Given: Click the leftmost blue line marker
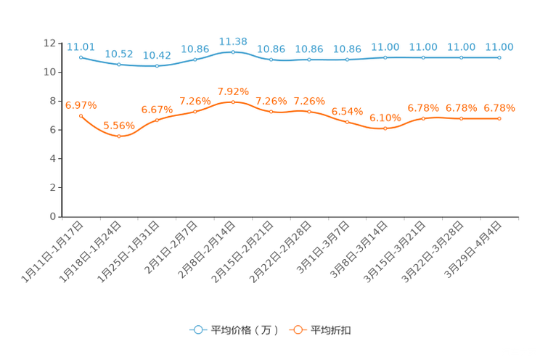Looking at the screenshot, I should pos(81,57).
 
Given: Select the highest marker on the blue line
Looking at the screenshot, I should pos(232,52).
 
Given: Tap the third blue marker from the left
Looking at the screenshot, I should pos(157,66).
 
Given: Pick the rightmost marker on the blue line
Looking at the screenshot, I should pos(499,57).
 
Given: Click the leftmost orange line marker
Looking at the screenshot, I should pos(81,115).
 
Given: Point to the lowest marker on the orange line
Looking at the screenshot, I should pos(119,136).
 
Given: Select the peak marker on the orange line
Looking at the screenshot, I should pos(232,102).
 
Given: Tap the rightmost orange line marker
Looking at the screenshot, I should pos(499,118).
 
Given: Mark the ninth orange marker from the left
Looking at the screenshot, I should pos(385,128).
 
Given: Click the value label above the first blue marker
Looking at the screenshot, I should pos(77,46).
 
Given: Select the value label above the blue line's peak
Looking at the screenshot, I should pos(233,41).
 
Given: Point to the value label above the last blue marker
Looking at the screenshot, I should pos(499,47).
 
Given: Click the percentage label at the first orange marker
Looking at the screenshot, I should pos(81,105).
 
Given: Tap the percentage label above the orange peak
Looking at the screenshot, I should pos(233,92).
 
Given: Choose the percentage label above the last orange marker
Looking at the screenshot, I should pos(499,108).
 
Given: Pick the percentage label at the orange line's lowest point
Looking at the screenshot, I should pos(118,126).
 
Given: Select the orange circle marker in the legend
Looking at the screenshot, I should pos(298,330).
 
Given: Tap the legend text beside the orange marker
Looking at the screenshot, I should pos(332,330).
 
